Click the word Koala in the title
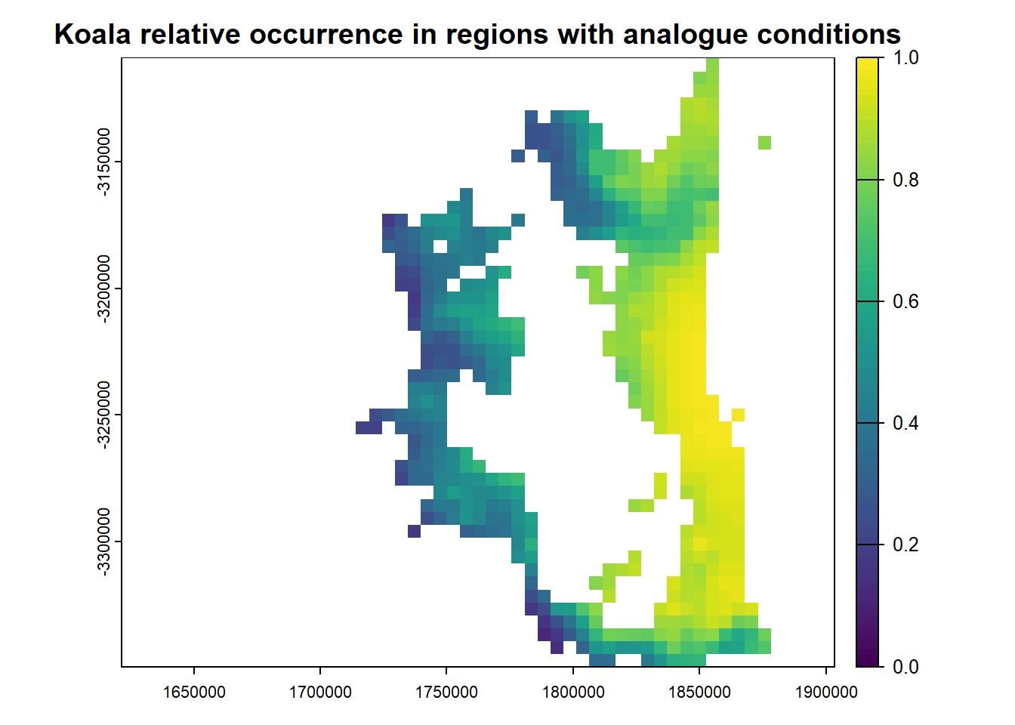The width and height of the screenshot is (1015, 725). point(93,35)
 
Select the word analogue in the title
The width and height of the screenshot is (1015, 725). point(685,35)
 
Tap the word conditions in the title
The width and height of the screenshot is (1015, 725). point(828,35)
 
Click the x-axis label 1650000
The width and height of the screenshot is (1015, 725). point(194,693)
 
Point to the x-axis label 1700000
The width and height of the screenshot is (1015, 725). point(320,693)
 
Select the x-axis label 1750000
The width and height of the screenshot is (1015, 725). point(446,693)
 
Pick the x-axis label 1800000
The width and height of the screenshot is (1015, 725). point(572,693)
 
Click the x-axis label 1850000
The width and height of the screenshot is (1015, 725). point(699,693)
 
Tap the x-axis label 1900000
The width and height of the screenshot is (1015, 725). point(826,693)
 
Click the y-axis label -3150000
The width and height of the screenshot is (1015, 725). point(103,162)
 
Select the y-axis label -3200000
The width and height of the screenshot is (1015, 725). point(103,288)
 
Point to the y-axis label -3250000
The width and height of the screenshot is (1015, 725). point(103,415)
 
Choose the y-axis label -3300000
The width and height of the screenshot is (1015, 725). point(103,541)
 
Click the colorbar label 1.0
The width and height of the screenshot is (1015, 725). point(905,58)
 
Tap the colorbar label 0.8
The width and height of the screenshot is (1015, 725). point(905,180)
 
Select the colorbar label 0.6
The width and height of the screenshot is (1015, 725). point(905,301)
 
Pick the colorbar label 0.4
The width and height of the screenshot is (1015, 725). point(905,423)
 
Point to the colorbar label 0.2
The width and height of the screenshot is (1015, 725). point(905,545)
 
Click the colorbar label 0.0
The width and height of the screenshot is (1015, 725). point(905,667)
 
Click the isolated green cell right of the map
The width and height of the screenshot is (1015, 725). point(764,143)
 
